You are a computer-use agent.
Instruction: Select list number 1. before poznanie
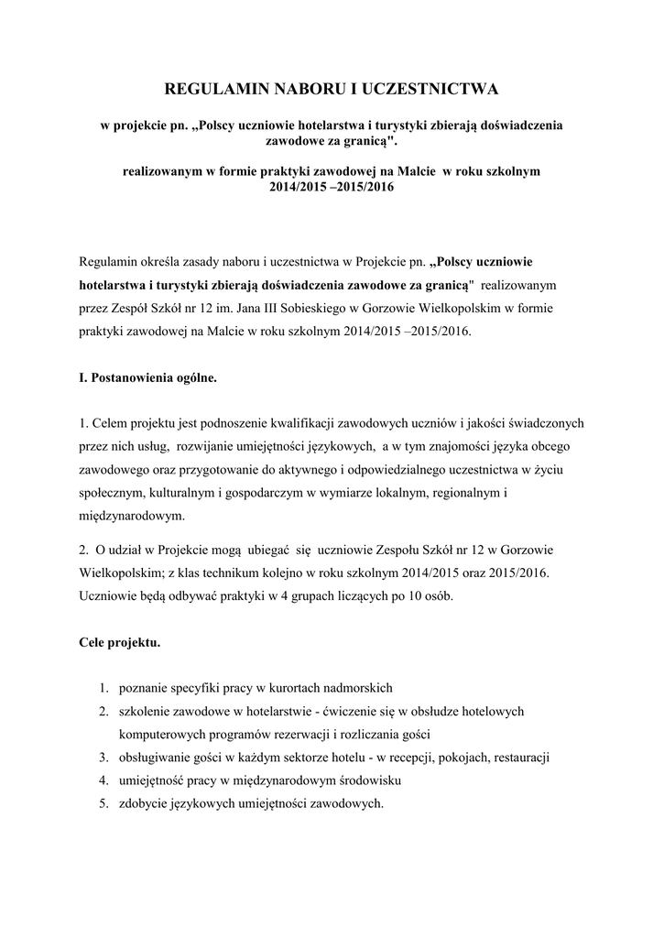pyautogui.click(x=105, y=688)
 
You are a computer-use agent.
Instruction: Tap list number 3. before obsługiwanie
pyautogui.click(x=105, y=758)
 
